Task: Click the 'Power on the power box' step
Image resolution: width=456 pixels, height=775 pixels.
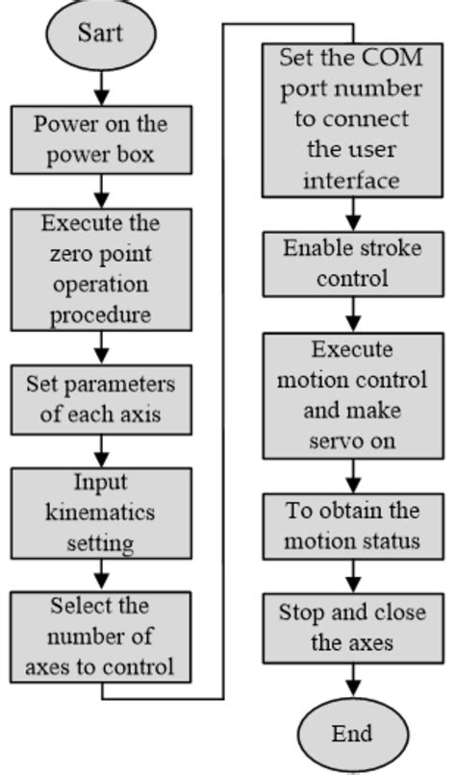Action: (x=99, y=138)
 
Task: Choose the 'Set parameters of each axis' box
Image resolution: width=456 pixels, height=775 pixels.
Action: (x=98, y=399)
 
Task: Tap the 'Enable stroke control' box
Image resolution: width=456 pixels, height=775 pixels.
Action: (x=351, y=263)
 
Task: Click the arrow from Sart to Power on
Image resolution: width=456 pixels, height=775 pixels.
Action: (x=98, y=90)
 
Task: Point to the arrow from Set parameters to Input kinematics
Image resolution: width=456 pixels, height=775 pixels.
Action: (x=98, y=450)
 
